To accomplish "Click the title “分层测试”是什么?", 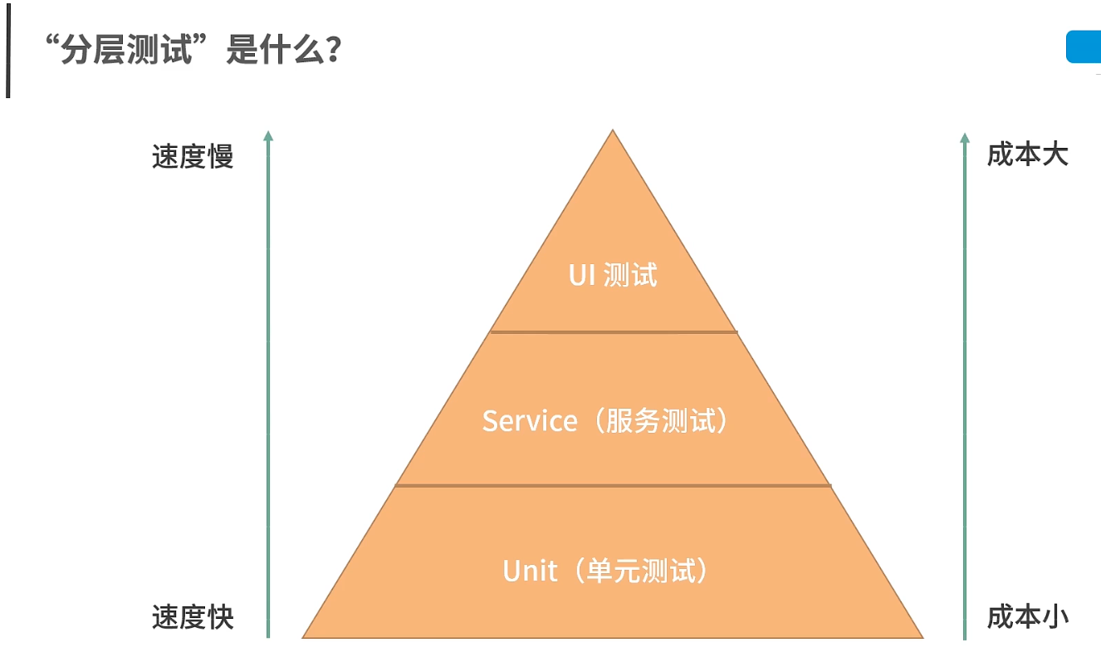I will click(x=194, y=51).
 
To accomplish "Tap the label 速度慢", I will click(x=193, y=156).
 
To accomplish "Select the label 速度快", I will click(x=193, y=617).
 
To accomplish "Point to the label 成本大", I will click(x=1027, y=154).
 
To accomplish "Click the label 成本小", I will click(x=1027, y=616).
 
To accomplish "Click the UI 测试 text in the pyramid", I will click(x=613, y=275).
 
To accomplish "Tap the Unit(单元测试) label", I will click(x=608, y=571).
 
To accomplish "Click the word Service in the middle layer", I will click(x=529, y=421).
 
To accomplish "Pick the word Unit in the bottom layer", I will click(x=530, y=571).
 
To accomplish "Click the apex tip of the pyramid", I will click(x=613, y=131).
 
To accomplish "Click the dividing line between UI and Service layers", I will click(x=614, y=332).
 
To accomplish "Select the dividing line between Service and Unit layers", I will click(x=613, y=486).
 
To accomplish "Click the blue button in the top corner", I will click(x=1084, y=47).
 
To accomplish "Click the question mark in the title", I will click(x=333, y=51).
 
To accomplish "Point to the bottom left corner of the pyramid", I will click(x=304, y=636).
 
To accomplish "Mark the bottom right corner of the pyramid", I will click(x=922, y=636).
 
